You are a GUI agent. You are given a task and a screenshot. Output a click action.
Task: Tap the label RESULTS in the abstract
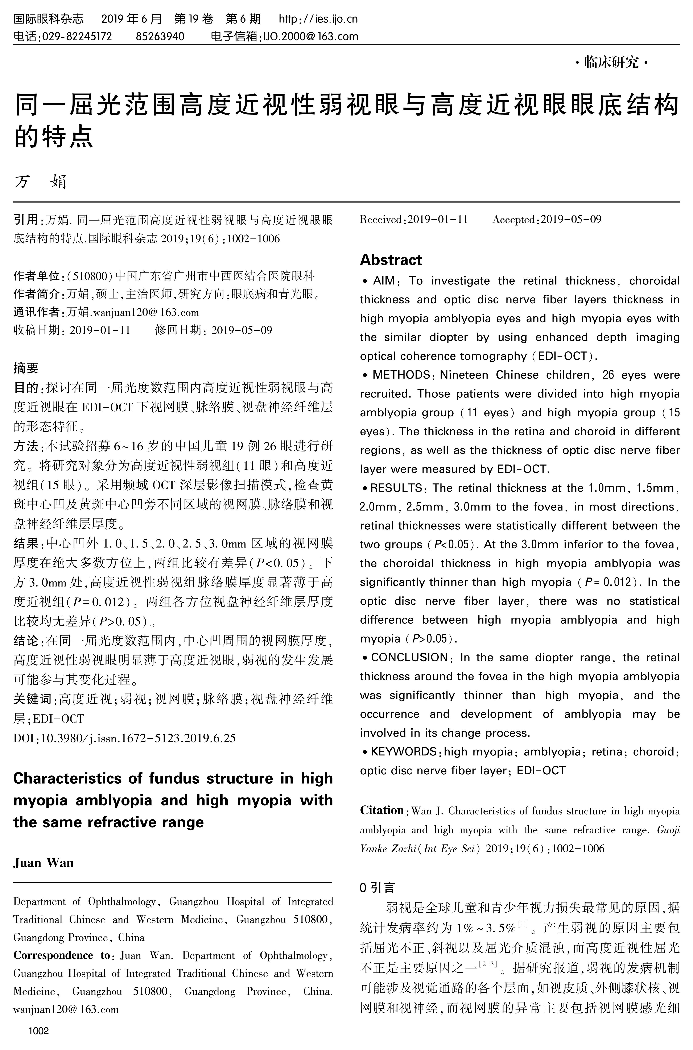tap(396, 488)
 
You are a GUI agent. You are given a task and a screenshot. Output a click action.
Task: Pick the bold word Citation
tap(382, 810)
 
